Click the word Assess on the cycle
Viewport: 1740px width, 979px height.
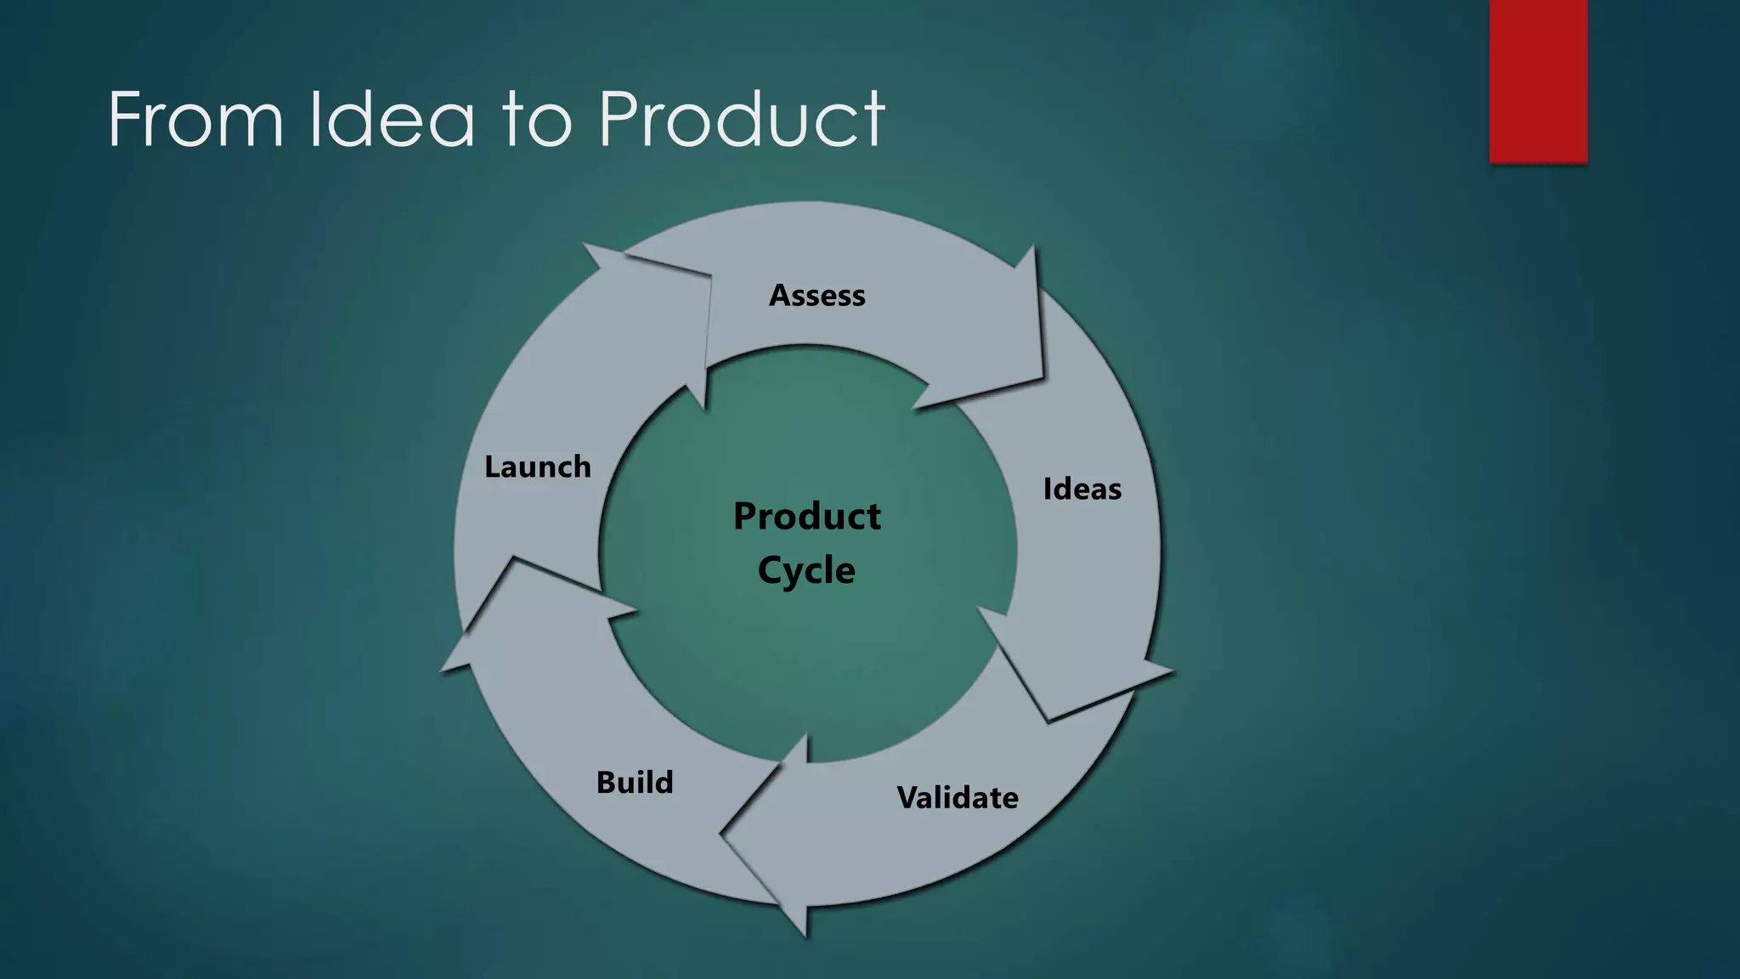pos(816,296)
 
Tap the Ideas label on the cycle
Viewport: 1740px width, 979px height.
pos(1082,489)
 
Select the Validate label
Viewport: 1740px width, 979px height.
pos(958,798)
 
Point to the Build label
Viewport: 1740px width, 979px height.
pos(635,783)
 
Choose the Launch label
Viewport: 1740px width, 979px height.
pos(538,467)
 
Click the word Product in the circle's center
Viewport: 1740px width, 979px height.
pos(807,517)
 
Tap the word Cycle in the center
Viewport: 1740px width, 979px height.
pos(806,570)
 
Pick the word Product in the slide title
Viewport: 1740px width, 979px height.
pos(742,120)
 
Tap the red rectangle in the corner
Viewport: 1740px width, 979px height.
pos(1538,81)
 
